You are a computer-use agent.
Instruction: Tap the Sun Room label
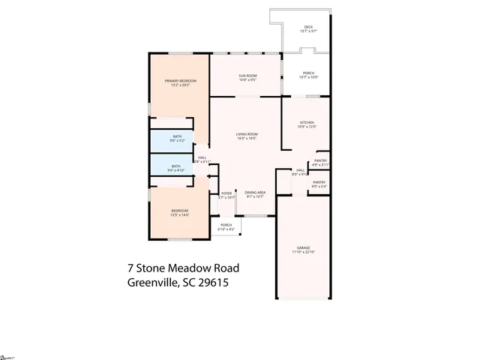(x=247, y=76)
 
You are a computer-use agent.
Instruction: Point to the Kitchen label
(x=307, y=122)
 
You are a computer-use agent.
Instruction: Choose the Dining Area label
(x=254, y=193)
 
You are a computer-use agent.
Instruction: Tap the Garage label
(x=303, y=247)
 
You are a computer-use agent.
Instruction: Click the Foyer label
(x=226, y=193)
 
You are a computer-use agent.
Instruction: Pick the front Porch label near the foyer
(x=226, y=224)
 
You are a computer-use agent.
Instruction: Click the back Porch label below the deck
(x=307, y=73)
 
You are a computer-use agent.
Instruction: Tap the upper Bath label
(x=177, y=136)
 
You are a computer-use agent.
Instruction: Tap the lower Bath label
(x=175, y=166)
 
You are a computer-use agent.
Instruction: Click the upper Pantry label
(x=320, y=160)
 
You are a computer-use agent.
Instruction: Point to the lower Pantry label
(x=319, y=182)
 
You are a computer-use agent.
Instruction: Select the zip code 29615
(x=212, y=283)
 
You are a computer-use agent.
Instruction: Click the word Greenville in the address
(x=153, y=283)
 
